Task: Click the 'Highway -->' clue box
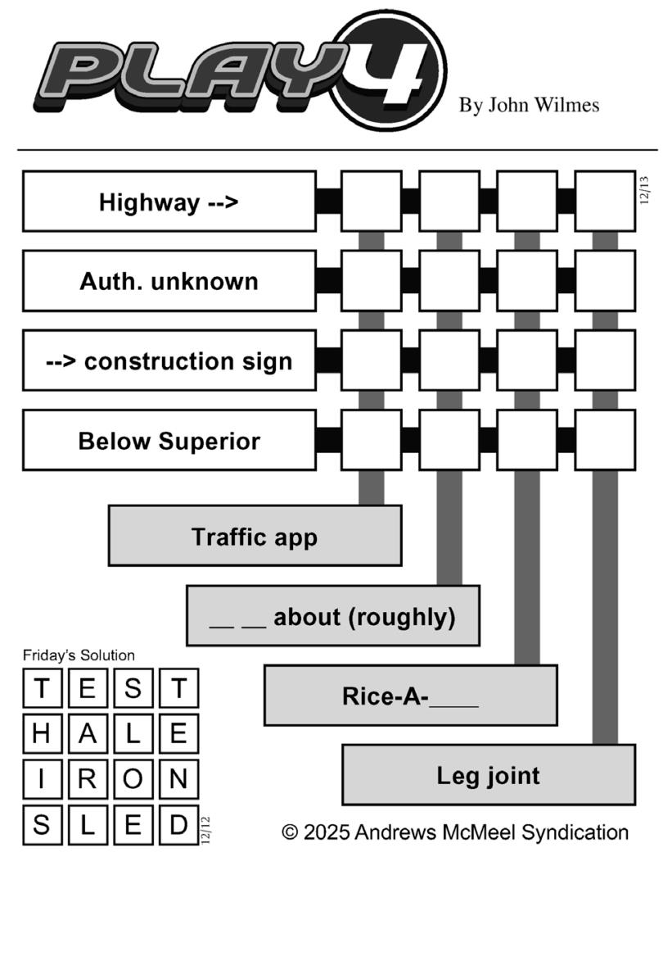pos(169,202)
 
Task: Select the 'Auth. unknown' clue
pos(169,281)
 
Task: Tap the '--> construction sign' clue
pos(169,360)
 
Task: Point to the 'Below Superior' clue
pos(169,441)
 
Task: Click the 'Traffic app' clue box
pos(255,537)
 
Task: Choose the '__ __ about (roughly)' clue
pos(332,616)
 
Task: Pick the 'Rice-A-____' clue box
pos(410,696)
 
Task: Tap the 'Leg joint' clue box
pos(488,775)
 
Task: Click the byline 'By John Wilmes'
pos(529,105)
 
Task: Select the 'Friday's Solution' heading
pos(79,655)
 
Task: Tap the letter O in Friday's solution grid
pos(133,780)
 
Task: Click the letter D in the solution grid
pos(178,825)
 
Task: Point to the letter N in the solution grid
pos(178,780)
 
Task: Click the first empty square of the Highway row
pos(371,202)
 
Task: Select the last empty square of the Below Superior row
pos(605,441)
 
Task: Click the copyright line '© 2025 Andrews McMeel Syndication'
pos(455,832)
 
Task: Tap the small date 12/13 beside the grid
pos(644,189)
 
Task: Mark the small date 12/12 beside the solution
pos(205,829)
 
